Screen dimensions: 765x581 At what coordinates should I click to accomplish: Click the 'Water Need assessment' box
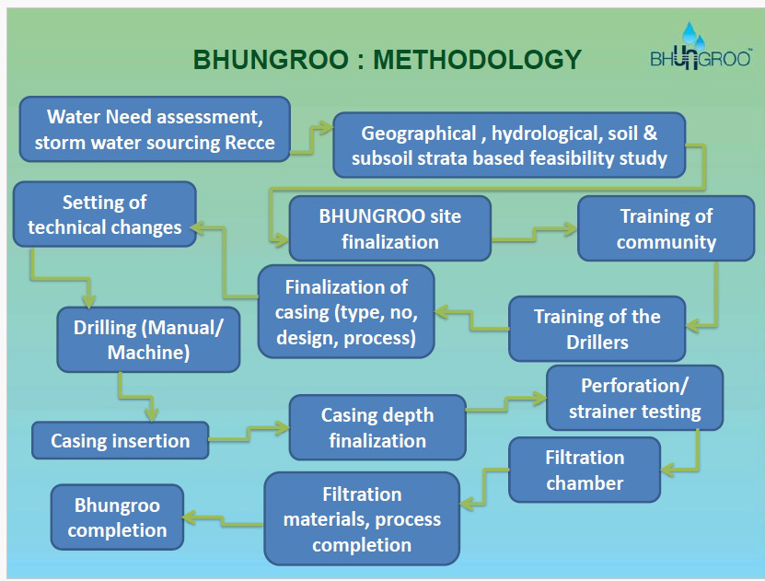[x=156, y=129]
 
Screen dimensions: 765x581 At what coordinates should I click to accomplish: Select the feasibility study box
[x=509, y=145]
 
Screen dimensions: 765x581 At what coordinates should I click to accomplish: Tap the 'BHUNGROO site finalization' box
[x=389, y=228]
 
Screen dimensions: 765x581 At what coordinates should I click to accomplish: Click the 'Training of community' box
[x=666, y=228]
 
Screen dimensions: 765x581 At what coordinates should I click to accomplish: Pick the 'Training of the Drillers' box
[x=597, y=329]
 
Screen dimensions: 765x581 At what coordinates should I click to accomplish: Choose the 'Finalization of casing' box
[x=346, y=312]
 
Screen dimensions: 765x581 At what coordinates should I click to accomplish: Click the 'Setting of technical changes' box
[x=104, y=215]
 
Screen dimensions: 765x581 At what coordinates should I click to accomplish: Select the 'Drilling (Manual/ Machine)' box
[x=148, y=340]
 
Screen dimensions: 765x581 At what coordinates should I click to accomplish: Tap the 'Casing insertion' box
[x=120, y=440]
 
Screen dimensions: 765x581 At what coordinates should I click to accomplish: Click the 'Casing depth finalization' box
[x=377, y=427]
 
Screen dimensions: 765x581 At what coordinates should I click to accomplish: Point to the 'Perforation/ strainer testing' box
[x=634, y=398]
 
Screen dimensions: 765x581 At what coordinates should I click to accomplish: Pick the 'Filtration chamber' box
[x=585, y=470]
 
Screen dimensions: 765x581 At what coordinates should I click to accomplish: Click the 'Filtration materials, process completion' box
[x=362, y=518]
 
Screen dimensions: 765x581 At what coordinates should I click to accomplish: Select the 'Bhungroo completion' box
[x=117, y=517]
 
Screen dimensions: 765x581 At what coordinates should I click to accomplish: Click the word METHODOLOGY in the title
[x=477, y=60]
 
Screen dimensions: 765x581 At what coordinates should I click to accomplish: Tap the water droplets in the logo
[x=692, y=35]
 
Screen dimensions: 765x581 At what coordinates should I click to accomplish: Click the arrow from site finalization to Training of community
[x=535, y=234]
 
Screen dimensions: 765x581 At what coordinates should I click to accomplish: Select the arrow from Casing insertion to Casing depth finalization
[x=249, y=434]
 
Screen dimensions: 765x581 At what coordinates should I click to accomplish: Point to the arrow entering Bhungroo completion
[x=223, y=520]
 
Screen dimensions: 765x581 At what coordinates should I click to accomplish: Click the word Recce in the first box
[x=249, y=143]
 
